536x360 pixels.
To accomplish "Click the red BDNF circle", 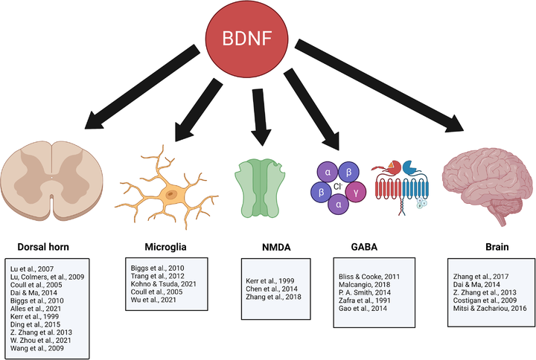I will [253, 38].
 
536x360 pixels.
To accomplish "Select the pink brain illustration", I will [484, 182].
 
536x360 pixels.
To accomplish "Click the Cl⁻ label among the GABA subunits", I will [337, 188].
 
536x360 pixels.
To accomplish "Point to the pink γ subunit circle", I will [357, 193].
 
